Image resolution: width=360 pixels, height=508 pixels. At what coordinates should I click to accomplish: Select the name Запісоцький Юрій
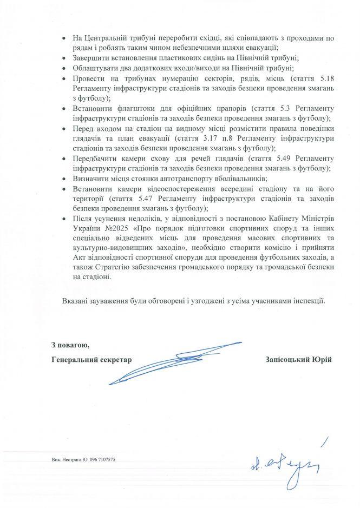pos(298,359)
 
